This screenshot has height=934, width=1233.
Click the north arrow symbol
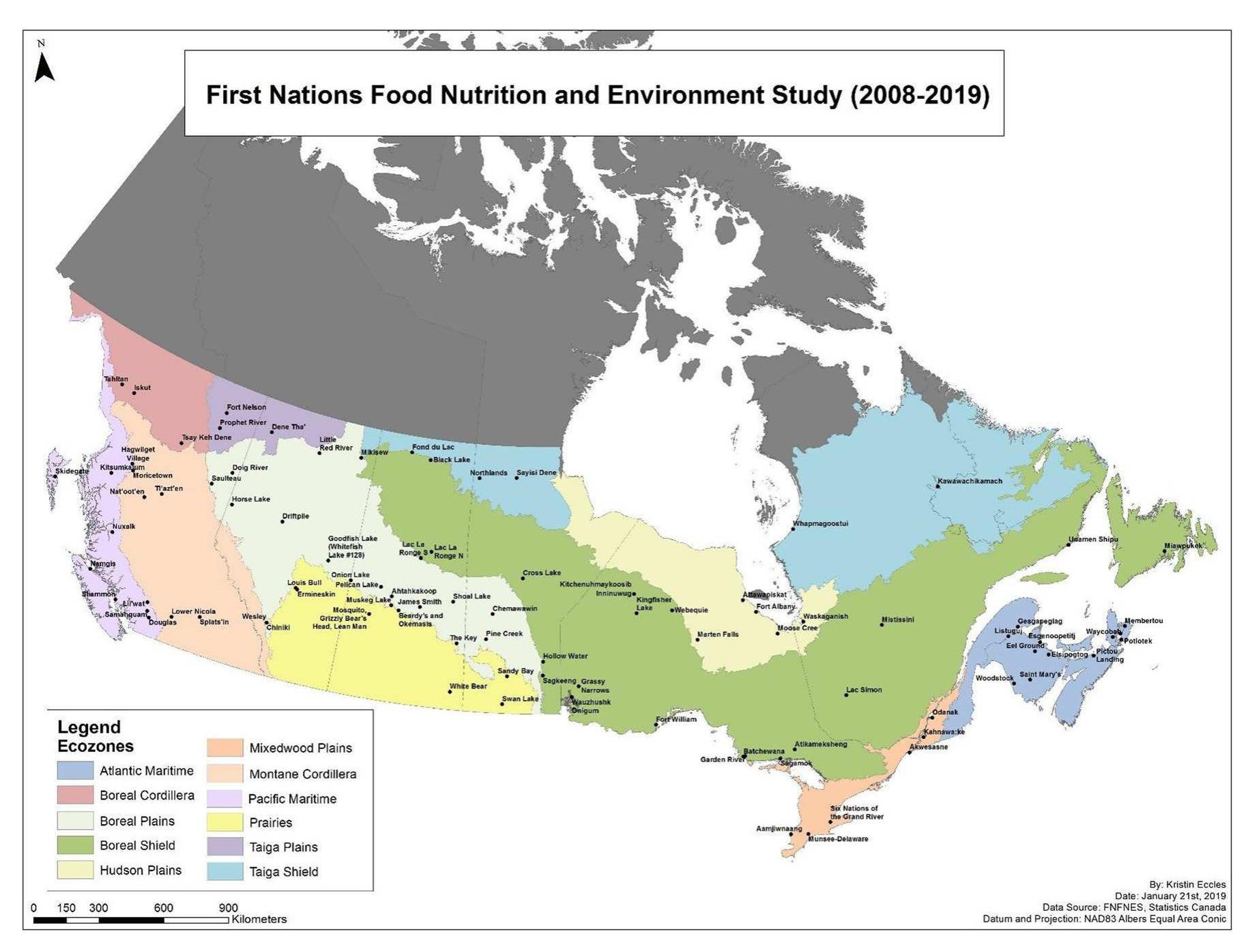tap(44, 67)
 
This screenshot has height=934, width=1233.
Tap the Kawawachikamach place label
tap(970, 481)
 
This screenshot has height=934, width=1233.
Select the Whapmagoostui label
tap(820, 524)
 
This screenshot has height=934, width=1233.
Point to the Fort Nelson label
tap(246, 407)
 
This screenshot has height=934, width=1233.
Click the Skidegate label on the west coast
tap(72, 471)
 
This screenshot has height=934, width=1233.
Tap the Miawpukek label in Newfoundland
tap(1183, 546)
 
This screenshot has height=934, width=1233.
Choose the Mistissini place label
tap(897, 620)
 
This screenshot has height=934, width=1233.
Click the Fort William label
tap(676, 719)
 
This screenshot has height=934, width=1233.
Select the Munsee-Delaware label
tap(838, 839)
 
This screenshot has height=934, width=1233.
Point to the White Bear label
tap(468, 686)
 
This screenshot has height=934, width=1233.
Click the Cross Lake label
tap(542, 573)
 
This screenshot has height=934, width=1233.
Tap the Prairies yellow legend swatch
tap(225, 822)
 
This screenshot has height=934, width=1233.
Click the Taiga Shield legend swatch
tap(225, 871)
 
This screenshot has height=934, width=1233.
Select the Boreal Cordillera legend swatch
tap(75, 795)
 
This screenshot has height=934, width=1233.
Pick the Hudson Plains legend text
tap(141, 870)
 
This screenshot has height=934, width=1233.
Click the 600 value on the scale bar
tap(163, 908)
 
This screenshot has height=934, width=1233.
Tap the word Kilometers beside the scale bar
tap(259, 919)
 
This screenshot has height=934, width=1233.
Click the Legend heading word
tap(89, 727)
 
